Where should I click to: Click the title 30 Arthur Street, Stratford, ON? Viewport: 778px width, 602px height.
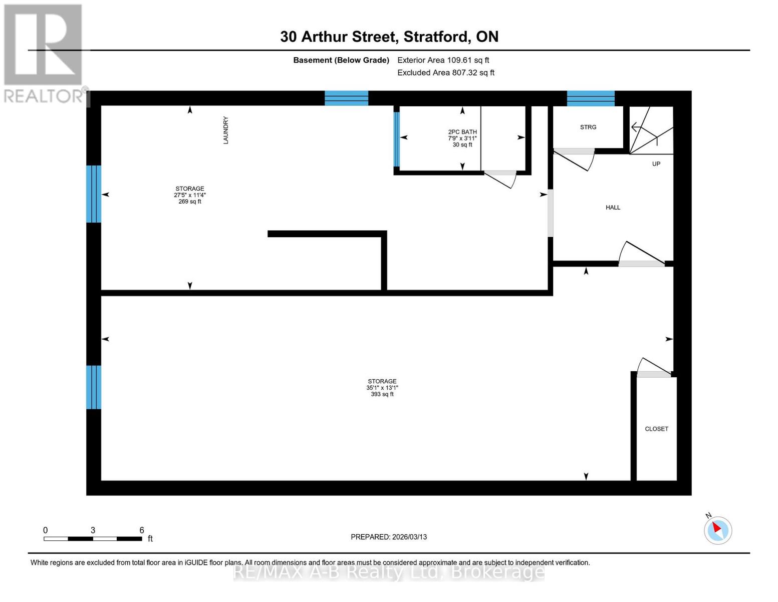tap(389, 37)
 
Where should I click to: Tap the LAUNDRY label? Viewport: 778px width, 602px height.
tap(225, 130)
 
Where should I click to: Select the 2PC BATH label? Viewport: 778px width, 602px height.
tap(462, 132)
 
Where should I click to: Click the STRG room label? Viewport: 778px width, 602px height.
tap(588, 127)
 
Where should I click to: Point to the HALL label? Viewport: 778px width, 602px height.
tap(613, 207)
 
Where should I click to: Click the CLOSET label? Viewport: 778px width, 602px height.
tap(656, 429)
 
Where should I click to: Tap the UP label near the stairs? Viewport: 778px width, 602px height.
tap(656, 164)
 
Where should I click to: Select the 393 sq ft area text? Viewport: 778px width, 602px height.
tap(382, 394)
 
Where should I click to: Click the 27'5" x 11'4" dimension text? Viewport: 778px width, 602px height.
tap(189, 195)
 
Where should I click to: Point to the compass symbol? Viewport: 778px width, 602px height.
tap(717, 530)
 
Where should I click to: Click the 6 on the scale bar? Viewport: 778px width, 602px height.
tap(142, 530)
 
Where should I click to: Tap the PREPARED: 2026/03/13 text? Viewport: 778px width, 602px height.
tap(389, 537)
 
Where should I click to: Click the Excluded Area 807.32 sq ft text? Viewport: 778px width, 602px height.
tap(445, 73)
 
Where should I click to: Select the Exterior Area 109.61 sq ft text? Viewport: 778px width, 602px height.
tap(443, 60)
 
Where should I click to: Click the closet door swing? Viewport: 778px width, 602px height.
tap(653, 368)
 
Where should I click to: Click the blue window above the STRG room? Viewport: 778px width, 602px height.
tap(590, 98)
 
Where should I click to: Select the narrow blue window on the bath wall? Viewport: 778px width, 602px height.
tap(397, 139)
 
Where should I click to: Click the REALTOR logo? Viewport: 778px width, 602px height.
tap(44, 53)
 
